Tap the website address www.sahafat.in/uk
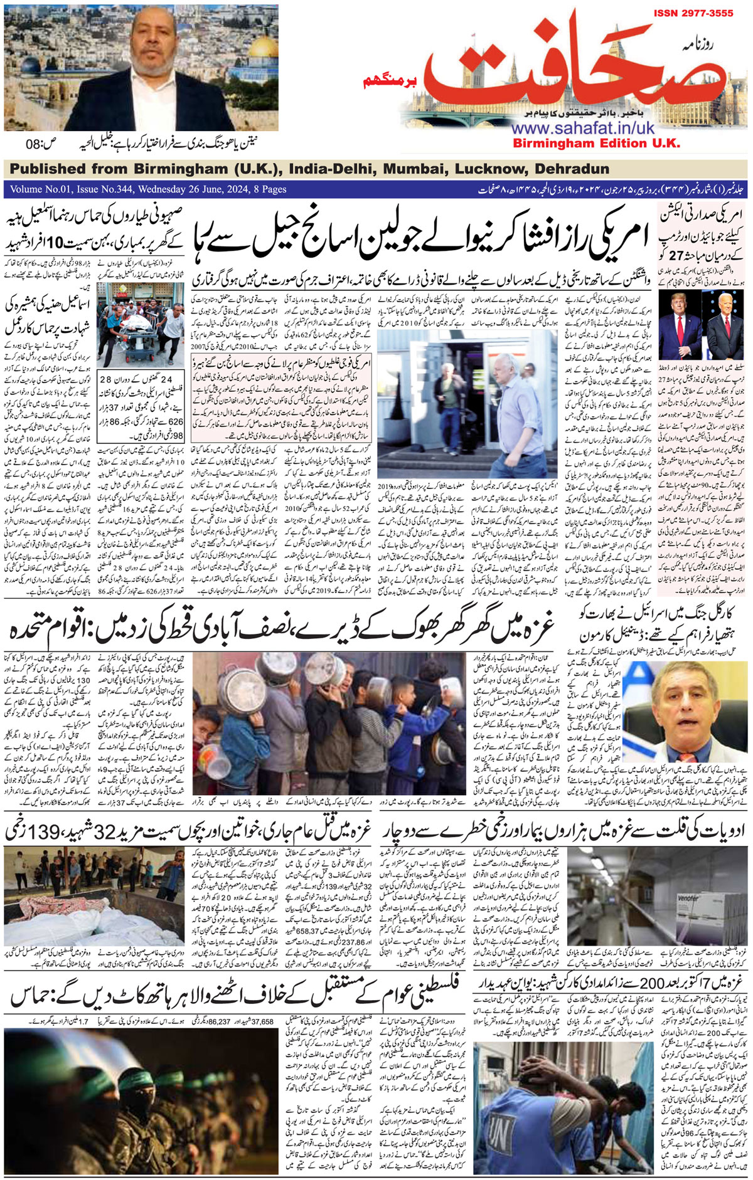(583, 128)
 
